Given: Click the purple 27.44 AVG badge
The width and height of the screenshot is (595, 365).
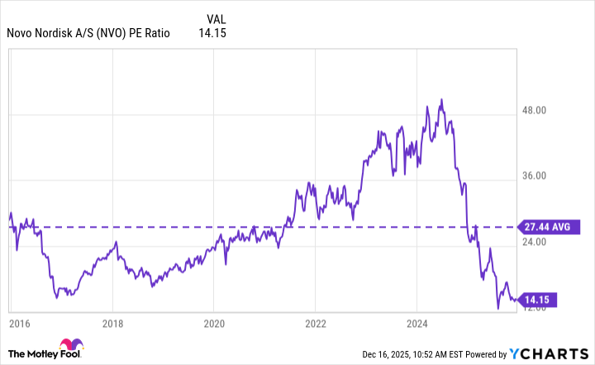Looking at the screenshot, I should click(x=545, y=226).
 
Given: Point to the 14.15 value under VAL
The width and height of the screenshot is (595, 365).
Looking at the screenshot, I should click(x=212, y=34).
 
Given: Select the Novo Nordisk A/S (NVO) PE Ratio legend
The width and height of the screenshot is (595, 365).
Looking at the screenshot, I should click(x=88, y=34).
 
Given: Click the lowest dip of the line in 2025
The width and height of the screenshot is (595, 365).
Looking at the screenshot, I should click(x=498, y=309).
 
